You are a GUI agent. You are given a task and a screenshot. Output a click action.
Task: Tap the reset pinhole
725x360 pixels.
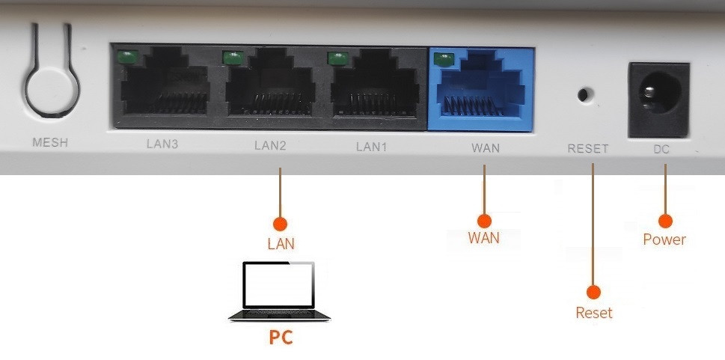(586, 95)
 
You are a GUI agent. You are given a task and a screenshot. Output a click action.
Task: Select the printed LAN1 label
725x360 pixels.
(371, 147)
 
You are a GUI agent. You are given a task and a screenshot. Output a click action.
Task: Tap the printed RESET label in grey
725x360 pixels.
(587, 149)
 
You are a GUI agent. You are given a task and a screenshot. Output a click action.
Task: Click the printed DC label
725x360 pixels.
(661, 149)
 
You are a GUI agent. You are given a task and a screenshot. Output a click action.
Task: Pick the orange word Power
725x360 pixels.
(664, 240)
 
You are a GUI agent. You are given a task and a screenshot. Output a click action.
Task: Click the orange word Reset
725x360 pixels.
(594, 313)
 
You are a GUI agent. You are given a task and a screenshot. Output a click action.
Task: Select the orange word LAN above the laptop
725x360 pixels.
(281, 243)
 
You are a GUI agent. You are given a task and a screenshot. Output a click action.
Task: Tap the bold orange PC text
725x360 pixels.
(281, 338)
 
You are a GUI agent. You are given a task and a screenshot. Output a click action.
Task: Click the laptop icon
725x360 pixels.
(279, 292)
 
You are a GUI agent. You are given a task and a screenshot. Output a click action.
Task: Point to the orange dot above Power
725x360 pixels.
(664, 220)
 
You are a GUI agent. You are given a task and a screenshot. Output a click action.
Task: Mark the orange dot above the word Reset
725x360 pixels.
(594, 293)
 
